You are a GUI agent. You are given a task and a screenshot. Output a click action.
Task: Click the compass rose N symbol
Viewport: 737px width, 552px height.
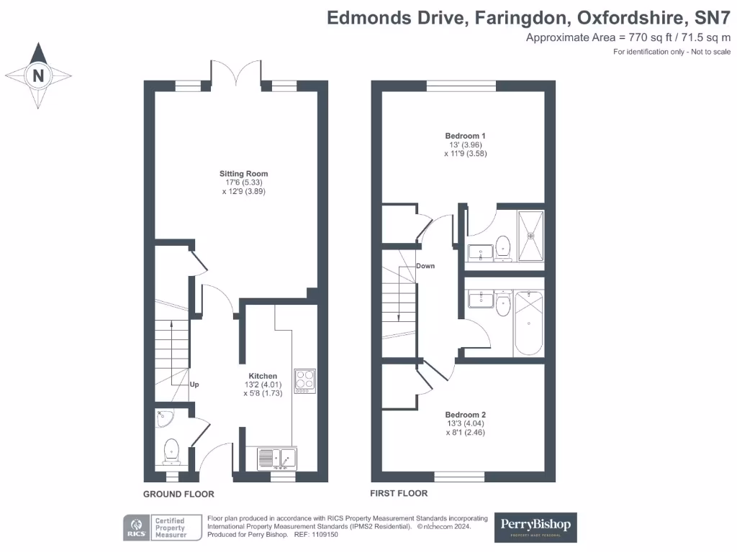click(39, 75)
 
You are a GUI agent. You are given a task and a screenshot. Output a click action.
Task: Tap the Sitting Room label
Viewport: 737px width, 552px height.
click(244, 173)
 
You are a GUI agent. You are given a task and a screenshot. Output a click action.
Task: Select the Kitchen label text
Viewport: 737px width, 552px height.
click(263, 376)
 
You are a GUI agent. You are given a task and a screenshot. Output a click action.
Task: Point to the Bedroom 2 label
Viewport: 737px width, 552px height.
click(465, 415)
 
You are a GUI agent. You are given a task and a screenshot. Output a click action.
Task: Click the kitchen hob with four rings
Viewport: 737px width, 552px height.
click(304, 380)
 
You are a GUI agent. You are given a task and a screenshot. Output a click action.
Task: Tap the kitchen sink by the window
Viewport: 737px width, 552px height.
click(277, 457)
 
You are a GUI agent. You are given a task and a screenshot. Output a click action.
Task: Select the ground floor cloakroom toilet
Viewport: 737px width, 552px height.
click(171, 451)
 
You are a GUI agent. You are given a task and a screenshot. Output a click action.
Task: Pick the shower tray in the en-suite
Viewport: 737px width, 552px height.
click(530, 234)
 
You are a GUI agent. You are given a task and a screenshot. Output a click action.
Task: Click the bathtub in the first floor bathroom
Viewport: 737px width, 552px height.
click(528, 323)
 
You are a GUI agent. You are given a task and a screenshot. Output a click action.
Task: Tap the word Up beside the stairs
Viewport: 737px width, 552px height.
click(194, 385)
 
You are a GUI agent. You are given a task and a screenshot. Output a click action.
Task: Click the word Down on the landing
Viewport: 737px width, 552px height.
click(425, 266)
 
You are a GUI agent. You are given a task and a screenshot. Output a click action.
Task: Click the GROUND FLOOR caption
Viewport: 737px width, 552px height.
click(178, 494)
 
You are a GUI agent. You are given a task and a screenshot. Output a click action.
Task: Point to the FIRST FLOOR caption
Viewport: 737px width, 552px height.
click(399, 493)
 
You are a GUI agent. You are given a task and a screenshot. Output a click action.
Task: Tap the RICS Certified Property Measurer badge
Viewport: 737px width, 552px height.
click(157, 527)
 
